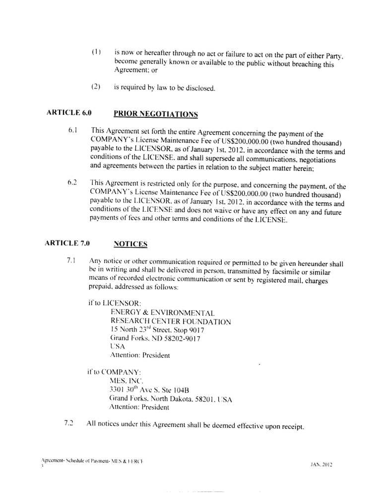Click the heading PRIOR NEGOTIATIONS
coord(156,114)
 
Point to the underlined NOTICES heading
coord(131,244)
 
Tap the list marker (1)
coord(96,52)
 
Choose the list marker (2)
coord(96,88)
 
